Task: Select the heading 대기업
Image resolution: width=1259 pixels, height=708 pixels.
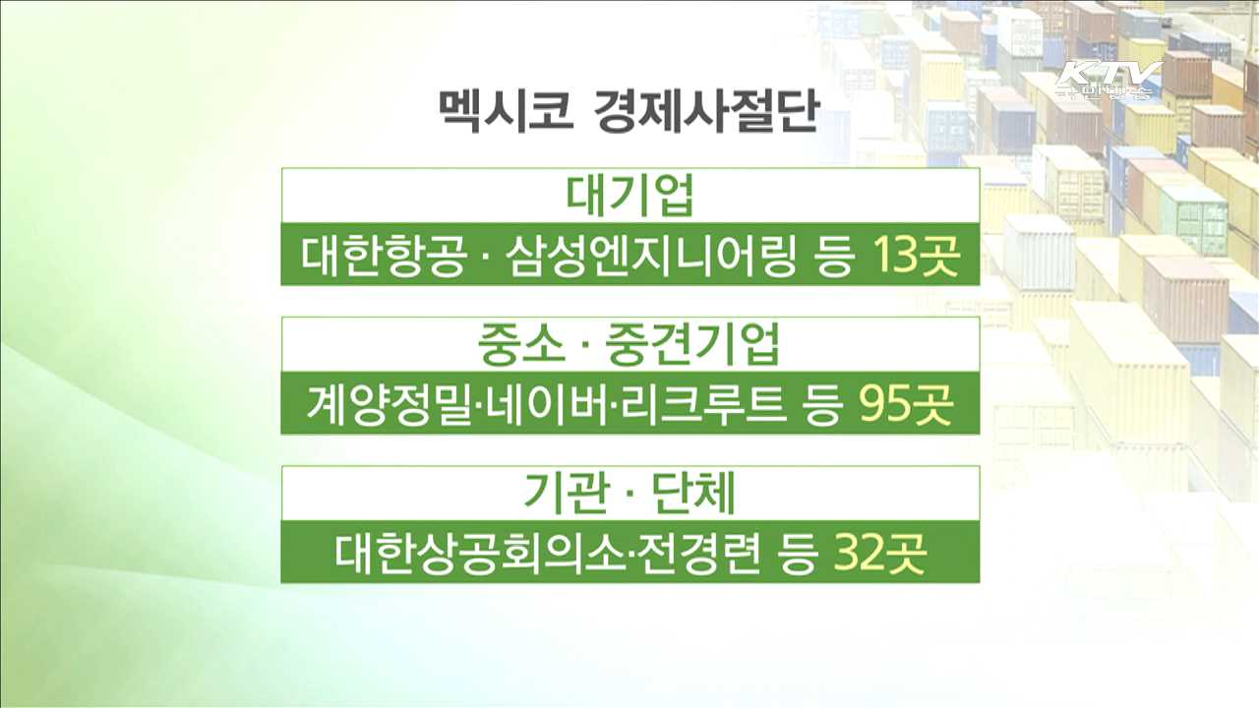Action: pos(630,197)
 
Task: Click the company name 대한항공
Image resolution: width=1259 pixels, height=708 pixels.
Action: pos(381,258)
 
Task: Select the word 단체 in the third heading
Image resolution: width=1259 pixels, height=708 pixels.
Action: pos(694,494)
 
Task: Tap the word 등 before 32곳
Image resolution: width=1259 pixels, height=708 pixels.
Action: pos(798,555)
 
